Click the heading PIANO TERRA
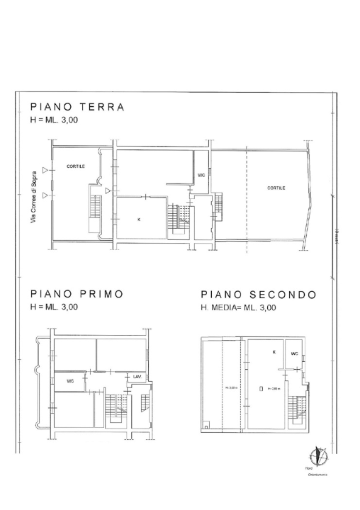(x=77, y=108)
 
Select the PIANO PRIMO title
(x=77, y=294)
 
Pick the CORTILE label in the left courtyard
(x=76, y=166)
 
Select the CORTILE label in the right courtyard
(x=276, y=188)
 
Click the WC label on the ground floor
(x=201, y=175)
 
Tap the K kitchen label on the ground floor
(x=138, y=220)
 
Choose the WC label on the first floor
(x=70, y=381)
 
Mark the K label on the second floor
(x=274, y=351)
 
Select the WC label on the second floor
(x=293, y=353)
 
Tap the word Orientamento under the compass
(x=317, y=475)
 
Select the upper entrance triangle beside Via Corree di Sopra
(x=45, y=171)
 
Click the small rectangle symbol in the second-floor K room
(x=261, y=389)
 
